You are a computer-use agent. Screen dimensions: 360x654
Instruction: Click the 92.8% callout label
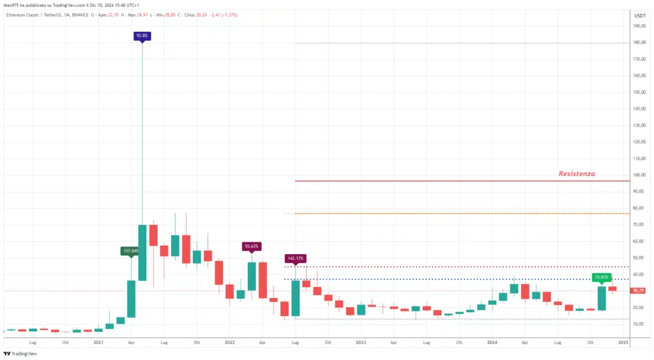pyautogui.click(x=142, y=36)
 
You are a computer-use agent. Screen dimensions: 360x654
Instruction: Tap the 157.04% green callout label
pyautogui.click(x=130, y=251)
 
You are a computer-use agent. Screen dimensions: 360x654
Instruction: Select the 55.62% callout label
pyautogui.click(x=252, y=246)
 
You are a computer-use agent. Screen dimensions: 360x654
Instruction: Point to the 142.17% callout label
pyautogui.click(x=295, y=259)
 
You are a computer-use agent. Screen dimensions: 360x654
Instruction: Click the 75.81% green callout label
pyautogui.click(x=602, y=277)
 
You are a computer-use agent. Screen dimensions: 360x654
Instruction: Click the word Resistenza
pyautogui.click(x=576, y=174)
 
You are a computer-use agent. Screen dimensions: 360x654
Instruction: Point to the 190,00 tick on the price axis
pyautogui.click(x=638, y=26)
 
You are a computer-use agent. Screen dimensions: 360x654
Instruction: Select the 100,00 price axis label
pyautogui.click(x=638, y=175)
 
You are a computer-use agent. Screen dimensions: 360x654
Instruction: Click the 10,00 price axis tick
pyautogui.click(x=637, y=324)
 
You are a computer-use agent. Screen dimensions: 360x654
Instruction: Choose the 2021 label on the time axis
pyautogui.click(x=98, y=343)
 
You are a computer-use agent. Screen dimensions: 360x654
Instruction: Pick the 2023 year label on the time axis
pyautogui.click(x=361, y=343)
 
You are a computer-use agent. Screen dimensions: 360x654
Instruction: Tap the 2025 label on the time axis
pyautogui.click(x=624, y=343)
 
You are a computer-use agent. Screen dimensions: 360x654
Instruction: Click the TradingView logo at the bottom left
pyautogui.click(x=20, y=354)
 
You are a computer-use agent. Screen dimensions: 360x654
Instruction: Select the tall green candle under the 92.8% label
pyautogui.click(x=142, y=253)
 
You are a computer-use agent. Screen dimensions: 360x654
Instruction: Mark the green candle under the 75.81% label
pyautogui.click(x=602, y=298)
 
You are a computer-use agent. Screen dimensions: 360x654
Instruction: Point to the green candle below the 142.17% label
pyautogui.click(x=295, y=298)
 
